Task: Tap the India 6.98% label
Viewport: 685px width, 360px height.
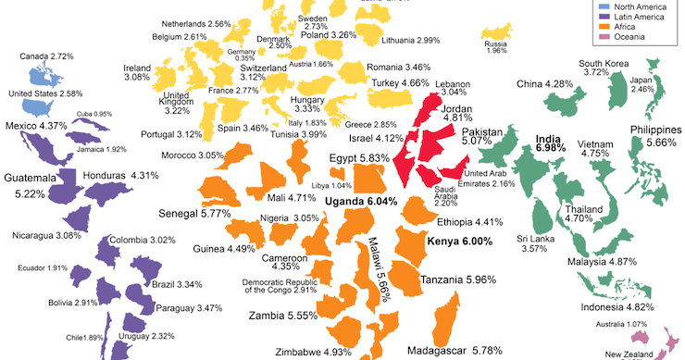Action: [552, 143]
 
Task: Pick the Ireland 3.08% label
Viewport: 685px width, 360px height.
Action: [137, 72]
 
